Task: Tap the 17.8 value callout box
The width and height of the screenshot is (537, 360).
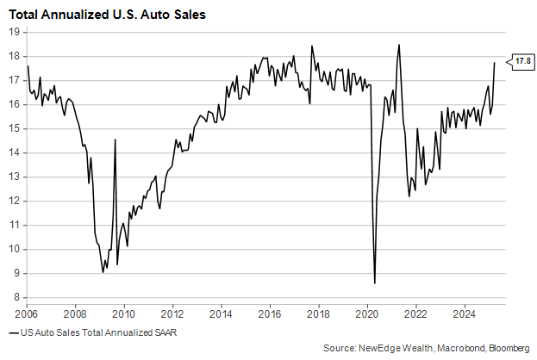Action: [522, 61]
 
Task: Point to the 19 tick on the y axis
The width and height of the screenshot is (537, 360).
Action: [15, 31]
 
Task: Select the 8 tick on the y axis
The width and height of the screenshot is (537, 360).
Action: [16, 298]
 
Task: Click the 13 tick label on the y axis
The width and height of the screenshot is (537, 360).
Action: [15, 177]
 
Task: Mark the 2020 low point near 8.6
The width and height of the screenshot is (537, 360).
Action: [375, 282]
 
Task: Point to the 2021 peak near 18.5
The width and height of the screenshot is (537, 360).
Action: [399, 45]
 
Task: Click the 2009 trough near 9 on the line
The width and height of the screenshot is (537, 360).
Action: [103, 272]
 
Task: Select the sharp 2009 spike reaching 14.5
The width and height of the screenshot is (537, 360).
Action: [116, 140]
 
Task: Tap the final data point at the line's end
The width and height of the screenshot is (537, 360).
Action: [495, 62]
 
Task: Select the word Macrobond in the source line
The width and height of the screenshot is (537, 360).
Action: [447, 348]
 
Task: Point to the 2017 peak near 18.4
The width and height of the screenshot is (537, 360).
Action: [312, 47]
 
